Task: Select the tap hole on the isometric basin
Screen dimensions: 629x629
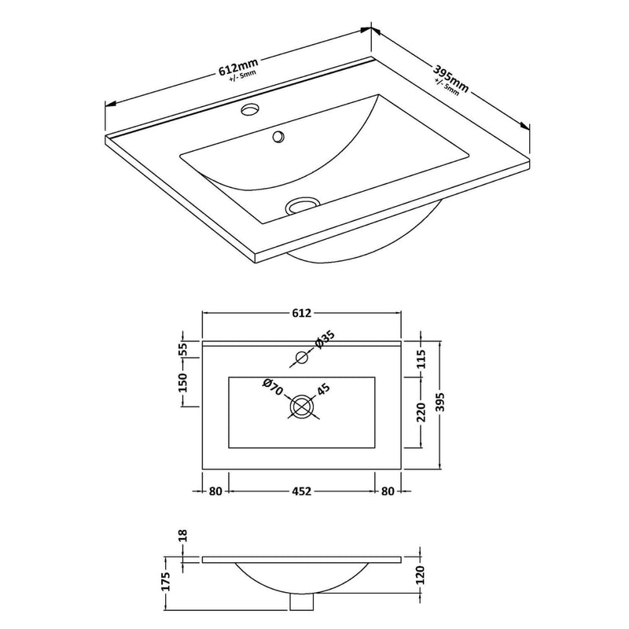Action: (x=252, y=109)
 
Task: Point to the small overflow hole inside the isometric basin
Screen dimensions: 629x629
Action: (x=278, y=138)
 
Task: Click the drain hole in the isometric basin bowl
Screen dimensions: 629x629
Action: (x=302, y=204)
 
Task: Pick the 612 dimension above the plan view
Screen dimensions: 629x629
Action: (x=303, y=313)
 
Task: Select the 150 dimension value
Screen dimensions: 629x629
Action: (x=183, y=382)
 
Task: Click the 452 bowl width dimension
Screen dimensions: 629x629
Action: (x=303, y=491)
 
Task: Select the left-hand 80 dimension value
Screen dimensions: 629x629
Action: (x=216, y=491)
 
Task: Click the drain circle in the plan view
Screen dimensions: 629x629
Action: (x=302, y=407)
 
